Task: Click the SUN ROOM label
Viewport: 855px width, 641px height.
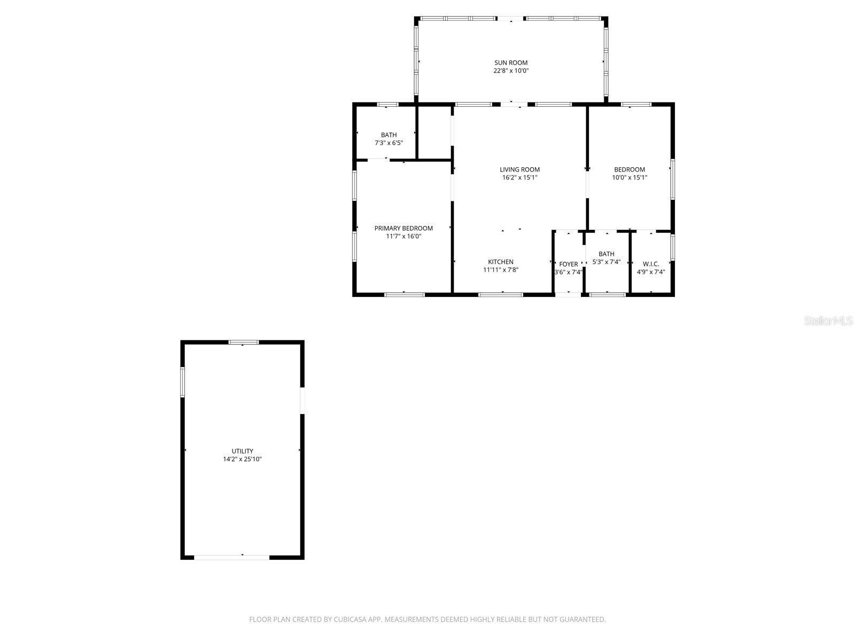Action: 511,62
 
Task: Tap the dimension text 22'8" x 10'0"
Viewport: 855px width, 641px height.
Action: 511,71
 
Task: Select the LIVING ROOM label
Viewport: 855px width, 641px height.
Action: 519,169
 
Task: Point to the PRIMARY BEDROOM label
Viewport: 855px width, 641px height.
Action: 403,228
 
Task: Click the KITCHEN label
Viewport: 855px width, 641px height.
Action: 501,262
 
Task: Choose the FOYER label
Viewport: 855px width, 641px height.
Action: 568,264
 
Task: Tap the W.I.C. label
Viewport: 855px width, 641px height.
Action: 651,264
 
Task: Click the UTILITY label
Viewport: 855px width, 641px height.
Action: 242,451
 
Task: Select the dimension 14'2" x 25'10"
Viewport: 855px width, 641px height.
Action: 242,459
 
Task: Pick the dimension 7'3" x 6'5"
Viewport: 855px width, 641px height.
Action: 388,143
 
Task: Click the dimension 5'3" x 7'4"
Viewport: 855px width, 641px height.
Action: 607,262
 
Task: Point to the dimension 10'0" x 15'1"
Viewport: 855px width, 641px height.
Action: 629,177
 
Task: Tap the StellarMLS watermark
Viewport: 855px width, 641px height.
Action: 828,320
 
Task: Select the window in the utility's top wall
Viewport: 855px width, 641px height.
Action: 244,342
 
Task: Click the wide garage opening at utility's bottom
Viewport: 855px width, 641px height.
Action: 231,557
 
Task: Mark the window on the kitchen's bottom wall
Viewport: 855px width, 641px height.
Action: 501,294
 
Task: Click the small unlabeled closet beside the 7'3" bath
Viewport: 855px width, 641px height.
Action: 434,132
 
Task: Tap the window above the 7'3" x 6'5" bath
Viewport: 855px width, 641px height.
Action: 387,104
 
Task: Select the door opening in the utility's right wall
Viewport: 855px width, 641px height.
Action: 302,400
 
